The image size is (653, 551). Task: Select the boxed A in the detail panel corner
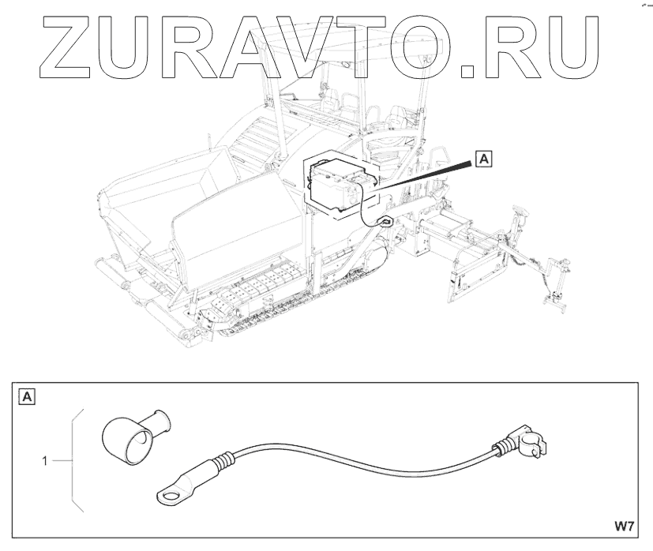(x=26, y=396)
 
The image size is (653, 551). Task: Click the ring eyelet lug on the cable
(x=168, y=493)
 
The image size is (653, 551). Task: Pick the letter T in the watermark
(x=360, y=48)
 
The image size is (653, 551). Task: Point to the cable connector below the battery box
(x=386, y=222)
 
